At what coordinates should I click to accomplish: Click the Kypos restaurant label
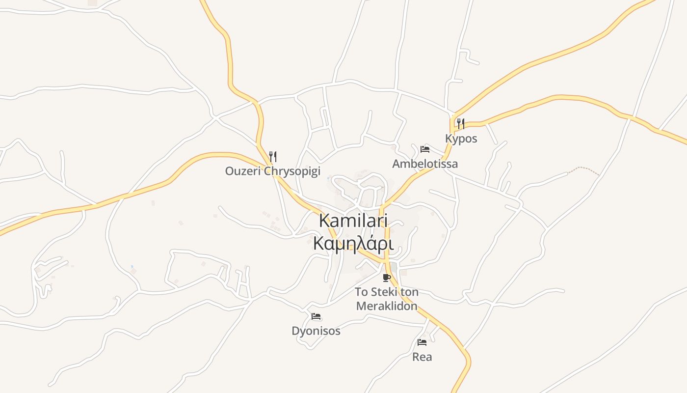click(x=461, y=139)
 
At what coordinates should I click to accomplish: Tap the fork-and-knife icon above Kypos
click(x=460, y=123)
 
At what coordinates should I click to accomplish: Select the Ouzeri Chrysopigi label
click(x=272, y=171)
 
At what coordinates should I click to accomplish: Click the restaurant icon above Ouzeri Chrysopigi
click(x=273, y=157)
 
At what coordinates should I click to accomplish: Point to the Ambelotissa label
click(x=425, y=164)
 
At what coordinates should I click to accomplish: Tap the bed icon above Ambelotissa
click(x=425, y=149)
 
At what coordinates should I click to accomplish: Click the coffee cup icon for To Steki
click(x=387, y=278)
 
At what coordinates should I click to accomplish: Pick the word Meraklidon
click(x=387, y=306)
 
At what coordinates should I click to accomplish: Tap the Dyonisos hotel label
click(x=316, y=331)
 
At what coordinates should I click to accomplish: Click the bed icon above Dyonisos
click(x=316, y=316)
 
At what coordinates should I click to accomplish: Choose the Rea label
click(x=422, y=357)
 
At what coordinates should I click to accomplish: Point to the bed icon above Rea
click(x=422, y=342)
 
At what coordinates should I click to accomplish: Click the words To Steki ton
click(x=387, y=292)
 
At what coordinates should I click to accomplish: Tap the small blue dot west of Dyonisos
click(x=132, y=267)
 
